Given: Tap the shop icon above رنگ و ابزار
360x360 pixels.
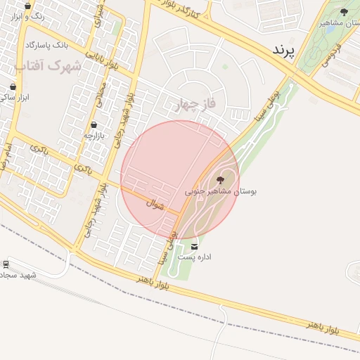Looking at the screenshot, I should pos(28,5).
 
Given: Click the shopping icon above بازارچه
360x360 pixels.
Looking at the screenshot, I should pos(94,125).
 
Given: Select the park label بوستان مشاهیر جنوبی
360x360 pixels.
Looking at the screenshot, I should pos(221,191).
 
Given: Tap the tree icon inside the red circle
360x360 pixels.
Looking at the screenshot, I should pos(221,180).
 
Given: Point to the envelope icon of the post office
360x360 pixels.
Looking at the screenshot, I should pos(194,247).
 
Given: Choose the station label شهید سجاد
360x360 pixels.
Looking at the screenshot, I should pos(17,274).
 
